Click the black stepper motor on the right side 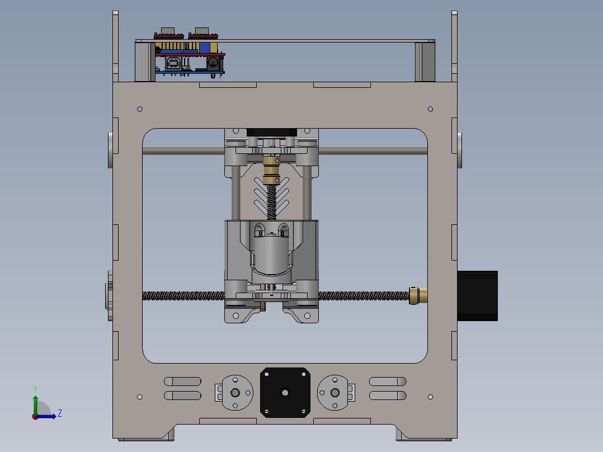point(477,296)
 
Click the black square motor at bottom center point(285,392)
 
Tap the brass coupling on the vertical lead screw point(271,170)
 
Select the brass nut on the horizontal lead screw point(418,296)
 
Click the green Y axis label point(35,389)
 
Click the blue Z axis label point(60,413)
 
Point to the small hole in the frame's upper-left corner point(140,109)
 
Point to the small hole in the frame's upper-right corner point(430,109)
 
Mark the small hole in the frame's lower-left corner point(140,397)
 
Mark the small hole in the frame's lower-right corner point(430,397)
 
